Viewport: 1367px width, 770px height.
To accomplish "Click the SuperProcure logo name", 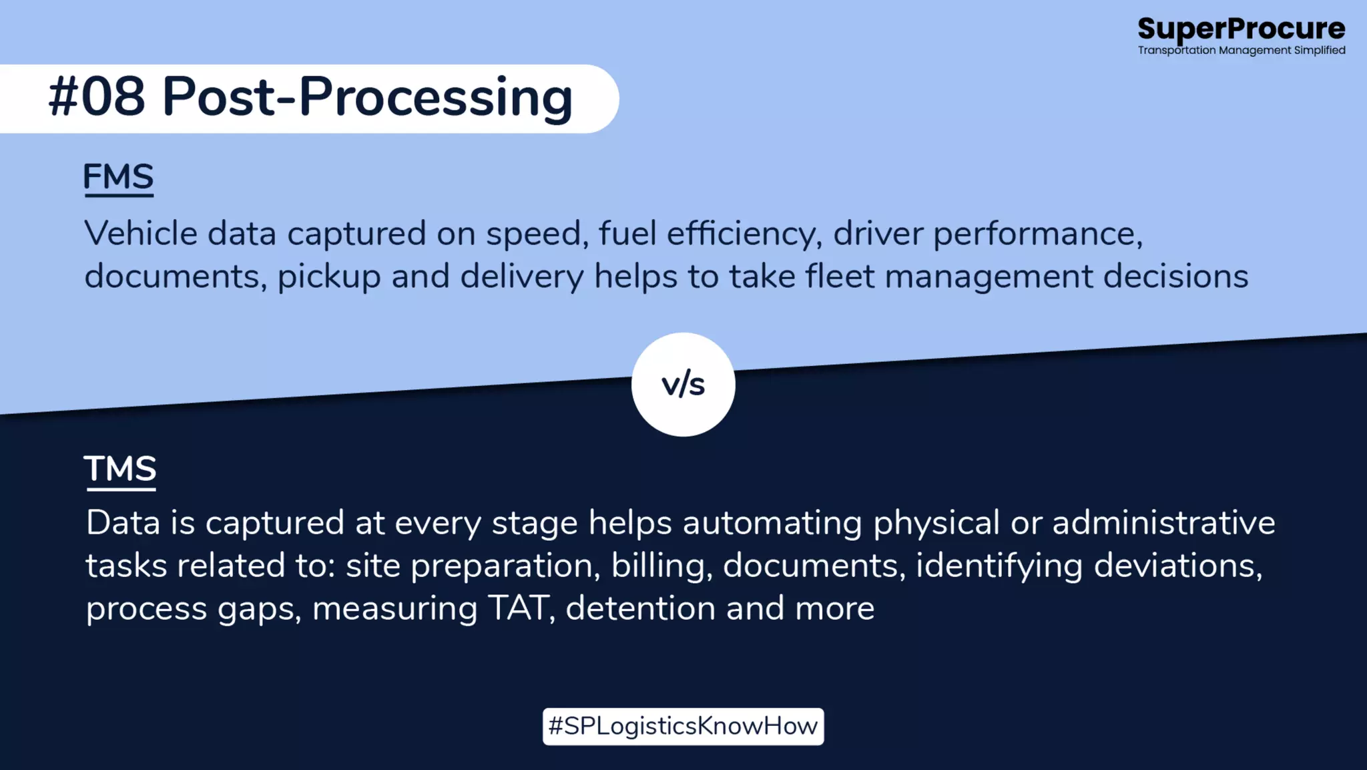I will [x=1241, y=29].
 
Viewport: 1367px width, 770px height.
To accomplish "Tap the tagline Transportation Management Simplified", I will [x=1241, y=50].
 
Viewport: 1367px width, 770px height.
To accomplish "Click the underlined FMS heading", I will [x=118, y=177].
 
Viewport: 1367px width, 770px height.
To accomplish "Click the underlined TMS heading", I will [x=120, y=469].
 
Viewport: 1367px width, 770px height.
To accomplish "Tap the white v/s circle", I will [x=683, y=385].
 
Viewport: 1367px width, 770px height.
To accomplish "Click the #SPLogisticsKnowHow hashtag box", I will [x=683, y=726].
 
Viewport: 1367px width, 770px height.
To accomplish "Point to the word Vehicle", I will [x=141, y=234].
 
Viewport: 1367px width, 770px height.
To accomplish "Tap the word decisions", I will [x=1175, y=276].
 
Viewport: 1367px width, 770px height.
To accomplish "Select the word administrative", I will [x=1163, y=523].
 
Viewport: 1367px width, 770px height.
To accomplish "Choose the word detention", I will [x=640, y=608].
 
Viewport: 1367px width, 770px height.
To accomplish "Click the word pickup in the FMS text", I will [x=328, y=276].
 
